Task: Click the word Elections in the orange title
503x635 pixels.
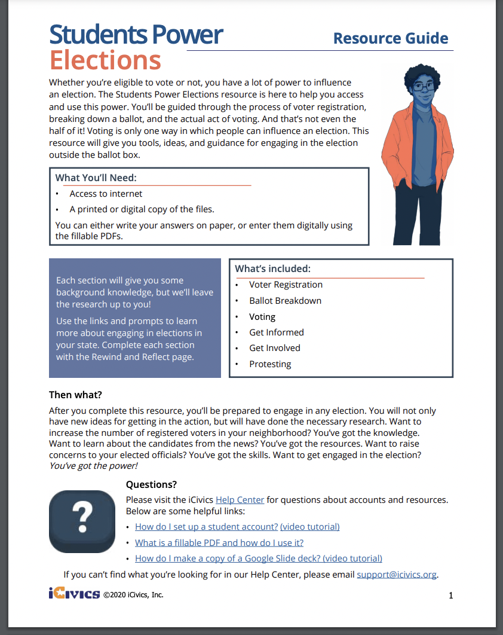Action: pos(105,60)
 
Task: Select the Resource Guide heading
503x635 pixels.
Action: pos(390,38)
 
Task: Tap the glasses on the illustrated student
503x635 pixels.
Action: pos(425,87)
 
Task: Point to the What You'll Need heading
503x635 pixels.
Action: pos(96,178)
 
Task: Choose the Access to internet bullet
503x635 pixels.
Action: pos(106,194)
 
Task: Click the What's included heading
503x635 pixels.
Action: pos(272,269)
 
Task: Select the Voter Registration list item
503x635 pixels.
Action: pos(286,285)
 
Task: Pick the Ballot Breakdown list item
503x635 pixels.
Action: pos(285,301)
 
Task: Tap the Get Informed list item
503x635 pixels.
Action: pos(276,332)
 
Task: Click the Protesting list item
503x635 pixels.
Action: pos(270,364)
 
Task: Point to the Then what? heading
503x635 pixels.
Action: pos(76,395)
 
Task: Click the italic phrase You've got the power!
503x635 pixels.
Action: pos(93,466)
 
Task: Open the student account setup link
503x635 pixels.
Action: pos(206,527)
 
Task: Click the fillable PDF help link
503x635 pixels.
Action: pos(219,543)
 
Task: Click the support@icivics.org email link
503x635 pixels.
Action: pos(397,575)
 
